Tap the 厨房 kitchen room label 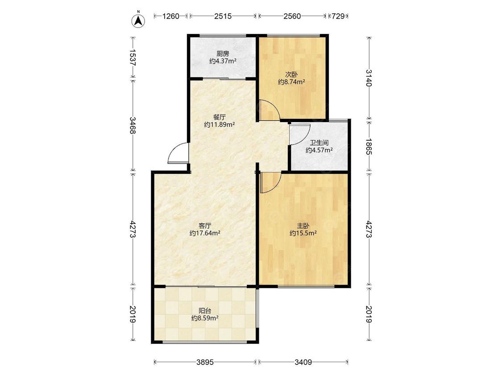click(x=223, y=53)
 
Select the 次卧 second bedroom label click(x=291, y=74)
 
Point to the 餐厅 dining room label click(x=219, y=117)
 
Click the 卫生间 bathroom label click(x=319, y=143)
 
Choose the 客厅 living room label click(x=205, y=226)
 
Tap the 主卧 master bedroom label click(x=303, y=226)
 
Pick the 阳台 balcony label click(x=205, y=311)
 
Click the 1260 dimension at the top click(x=170, y=16)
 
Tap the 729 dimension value click(x=338, y=16)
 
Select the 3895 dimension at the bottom click(x=205, y=362)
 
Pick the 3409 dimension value click(x=303, y=362)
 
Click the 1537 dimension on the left click(x=133, y=57)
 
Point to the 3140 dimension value click(x=369, y=78)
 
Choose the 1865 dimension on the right click(x=369, y=147)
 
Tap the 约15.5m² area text click(x=303, y=233)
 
